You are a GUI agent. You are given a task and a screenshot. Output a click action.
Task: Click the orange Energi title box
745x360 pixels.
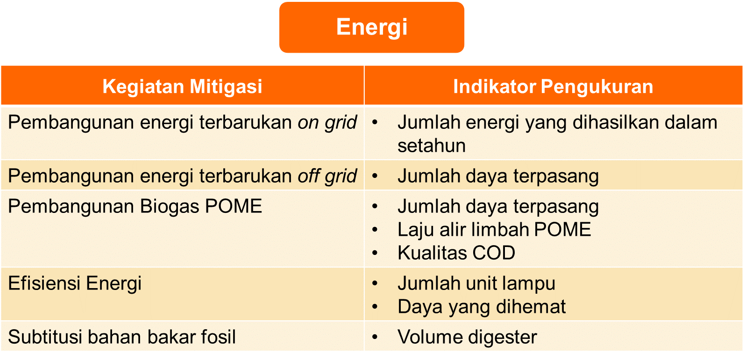[x=371, y=27]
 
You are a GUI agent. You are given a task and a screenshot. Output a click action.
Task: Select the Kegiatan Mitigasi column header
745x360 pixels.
[x=182, y=86]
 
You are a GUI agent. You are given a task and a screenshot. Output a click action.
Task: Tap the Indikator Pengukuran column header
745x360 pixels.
[x=553, y=86]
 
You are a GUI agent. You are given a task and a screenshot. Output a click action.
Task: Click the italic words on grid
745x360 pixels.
[x=327, y=122]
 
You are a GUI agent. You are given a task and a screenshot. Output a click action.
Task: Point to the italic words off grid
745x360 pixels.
[x=327, y=176]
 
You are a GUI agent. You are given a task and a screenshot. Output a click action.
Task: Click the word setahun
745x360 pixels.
[x=432, y=146]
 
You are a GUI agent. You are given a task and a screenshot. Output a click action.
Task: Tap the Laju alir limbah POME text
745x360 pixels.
[x=494, y=230]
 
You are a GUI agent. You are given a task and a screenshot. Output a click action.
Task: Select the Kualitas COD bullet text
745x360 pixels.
[x=456, y=253]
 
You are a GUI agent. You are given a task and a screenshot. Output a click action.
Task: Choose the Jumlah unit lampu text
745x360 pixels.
[x=476, y=283]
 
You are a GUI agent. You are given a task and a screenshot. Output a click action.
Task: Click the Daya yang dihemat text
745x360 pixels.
[x=482, y=307]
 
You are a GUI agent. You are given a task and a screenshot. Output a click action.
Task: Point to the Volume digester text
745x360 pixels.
[x=467, y=337]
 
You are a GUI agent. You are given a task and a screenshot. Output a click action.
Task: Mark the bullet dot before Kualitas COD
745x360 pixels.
[x=375, y=253]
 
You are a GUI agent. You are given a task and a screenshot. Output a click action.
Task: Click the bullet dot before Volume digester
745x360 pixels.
[x=375, y=337]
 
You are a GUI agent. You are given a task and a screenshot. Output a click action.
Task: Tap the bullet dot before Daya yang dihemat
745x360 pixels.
[x=375, y=306]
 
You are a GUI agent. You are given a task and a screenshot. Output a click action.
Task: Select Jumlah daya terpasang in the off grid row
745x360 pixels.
[x=498, y=176]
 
